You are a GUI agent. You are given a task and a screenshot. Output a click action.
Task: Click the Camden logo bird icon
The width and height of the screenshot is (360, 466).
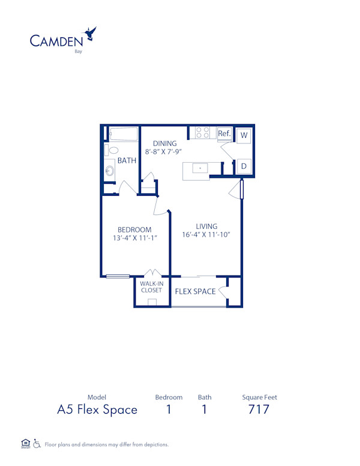91,33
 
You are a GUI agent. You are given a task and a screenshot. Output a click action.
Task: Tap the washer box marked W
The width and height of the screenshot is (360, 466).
244,135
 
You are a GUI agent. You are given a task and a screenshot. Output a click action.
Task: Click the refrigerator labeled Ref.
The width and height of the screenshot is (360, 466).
224,133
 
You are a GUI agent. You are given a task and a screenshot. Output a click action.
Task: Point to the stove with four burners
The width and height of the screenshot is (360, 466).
203,133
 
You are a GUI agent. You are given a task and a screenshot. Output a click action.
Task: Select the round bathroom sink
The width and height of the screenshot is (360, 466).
110,171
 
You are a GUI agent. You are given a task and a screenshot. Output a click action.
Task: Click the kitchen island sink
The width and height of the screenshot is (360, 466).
200,169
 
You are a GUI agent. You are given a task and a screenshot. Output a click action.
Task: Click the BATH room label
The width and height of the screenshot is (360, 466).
127,160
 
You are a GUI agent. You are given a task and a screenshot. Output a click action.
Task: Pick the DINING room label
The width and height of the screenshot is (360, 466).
164,144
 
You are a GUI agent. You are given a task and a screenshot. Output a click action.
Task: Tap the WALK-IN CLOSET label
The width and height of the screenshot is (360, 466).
151,286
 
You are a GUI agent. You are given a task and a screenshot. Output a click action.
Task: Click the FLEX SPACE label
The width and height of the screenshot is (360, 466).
195,292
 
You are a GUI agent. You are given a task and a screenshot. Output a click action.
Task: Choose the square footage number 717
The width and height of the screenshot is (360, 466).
259,410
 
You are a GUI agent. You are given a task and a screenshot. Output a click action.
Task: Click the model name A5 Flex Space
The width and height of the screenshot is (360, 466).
97,410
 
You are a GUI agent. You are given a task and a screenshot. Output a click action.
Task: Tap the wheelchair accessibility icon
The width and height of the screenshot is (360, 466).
37,444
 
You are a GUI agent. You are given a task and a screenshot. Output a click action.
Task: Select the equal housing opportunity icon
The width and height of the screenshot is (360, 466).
25,444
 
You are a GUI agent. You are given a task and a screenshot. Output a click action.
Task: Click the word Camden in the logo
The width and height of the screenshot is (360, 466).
56,40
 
